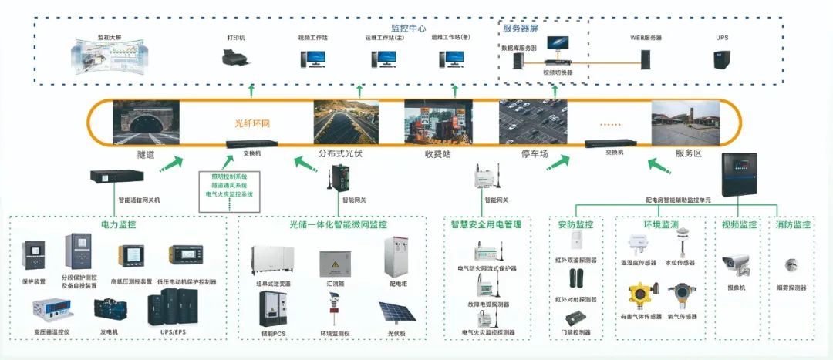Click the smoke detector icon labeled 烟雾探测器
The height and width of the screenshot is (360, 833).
791,265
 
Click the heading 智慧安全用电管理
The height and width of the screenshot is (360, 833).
487,225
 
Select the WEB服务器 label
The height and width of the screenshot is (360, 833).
646,37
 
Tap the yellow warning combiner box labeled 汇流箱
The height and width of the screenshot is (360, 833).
335,264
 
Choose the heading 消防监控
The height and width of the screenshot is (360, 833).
792,225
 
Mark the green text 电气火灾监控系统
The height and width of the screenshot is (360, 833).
229,194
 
